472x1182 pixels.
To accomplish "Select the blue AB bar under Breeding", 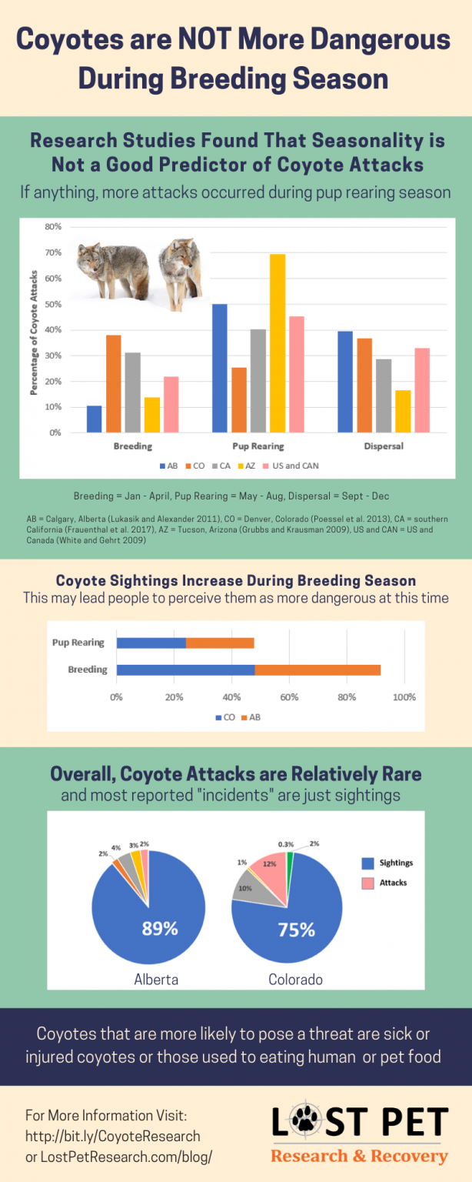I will click(94, 419).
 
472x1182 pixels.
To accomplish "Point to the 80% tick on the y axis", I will click(52, 227).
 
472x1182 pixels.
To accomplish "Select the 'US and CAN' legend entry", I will click(295, 466).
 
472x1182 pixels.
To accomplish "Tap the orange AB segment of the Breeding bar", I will click(317, 669).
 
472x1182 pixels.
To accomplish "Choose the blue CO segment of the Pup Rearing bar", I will click(151, 643).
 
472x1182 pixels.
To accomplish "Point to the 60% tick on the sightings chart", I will click(289, 697).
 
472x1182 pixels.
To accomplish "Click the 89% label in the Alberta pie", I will click(160, 928).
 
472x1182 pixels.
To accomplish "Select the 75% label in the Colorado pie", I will click(296, 930).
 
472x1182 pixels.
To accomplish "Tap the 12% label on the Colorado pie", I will click(269, 863).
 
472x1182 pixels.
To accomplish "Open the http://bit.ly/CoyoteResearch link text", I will click(113, 1136).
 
